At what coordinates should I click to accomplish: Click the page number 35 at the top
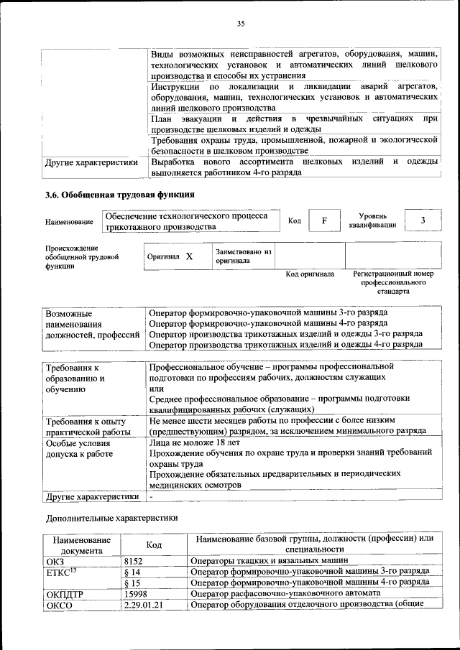coord(241,24)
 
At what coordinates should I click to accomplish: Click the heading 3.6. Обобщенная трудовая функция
coord(119,194)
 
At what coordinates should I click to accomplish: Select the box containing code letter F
coord(325,220)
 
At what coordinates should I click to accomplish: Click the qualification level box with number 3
coord(423,220)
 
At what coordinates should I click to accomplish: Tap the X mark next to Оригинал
coord(189,256)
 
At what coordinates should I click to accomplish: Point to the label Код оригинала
coord(310,274)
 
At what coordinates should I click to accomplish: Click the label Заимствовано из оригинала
coord(243,256)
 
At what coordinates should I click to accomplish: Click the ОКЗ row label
coord(55,560)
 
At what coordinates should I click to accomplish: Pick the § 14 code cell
coord(132,571)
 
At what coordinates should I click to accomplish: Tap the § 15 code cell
coord(132,582)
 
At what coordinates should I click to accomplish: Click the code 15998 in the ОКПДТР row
coord(136,593)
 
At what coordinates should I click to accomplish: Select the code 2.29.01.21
coord(144,605)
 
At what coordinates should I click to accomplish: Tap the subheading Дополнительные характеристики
coord(111,517)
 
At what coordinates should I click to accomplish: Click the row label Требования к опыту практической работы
coord(86,426)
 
